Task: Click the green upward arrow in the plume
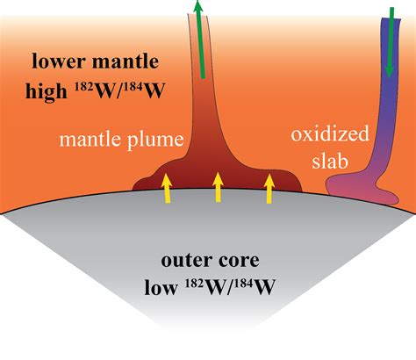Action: (x=200, y=40)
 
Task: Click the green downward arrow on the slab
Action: (x=391, y=42)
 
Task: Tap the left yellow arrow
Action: (x=167, y=188)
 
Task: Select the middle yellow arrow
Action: (x=218, y=187)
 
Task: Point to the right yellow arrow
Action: (x=269, y=188)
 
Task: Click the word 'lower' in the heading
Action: (x=59, y=61)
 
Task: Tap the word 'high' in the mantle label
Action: (x=47, y=91)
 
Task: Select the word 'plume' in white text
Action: (x=155, y=140)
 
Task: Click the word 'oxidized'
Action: (x=330, y=133)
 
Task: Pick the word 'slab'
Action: (x=330, y=161)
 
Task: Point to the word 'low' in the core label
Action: (x=161, y=287)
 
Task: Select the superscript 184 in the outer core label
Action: (x=245, y=284)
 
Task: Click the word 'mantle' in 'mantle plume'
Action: (x=90, y=139)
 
